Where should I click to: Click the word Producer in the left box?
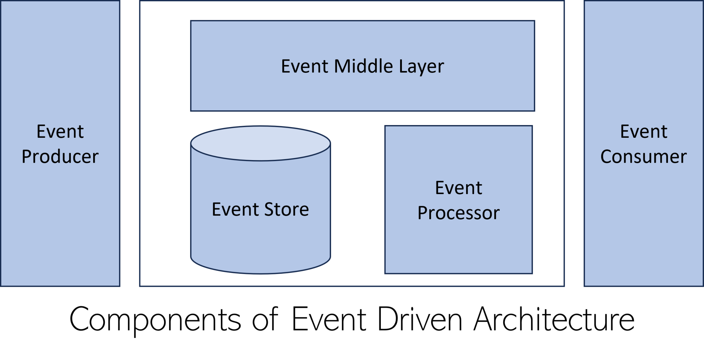[x=60, y=157]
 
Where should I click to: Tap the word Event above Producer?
[x=60, y=132]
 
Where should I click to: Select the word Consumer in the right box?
[x=643, y=157]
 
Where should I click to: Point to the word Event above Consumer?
[x=643, y=132]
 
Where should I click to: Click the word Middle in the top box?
[x=363, y=66]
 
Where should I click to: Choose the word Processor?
[x=459, y=213]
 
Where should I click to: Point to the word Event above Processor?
[x=459, y=188]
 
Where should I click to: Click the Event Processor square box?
[x=459, y=247]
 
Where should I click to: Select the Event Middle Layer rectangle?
[x=363, y=93]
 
